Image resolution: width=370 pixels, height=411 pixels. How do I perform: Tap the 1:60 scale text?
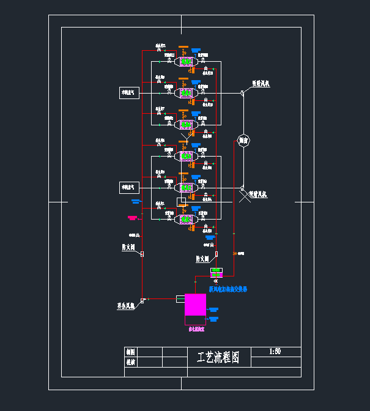pyautogui.click(x=275, y=352)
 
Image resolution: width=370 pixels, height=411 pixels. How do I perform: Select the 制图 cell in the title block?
pyautogui.click(x=130, y=352)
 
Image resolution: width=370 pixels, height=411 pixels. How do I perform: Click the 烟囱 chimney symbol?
pyautogui.click(x=243, y=140)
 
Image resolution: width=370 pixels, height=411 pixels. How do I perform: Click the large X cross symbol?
pyautogui.click(x=243, y=196)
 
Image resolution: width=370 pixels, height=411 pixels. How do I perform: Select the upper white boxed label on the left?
pyautogui.click(x=130, y=92)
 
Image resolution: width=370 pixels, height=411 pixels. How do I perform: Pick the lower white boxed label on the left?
pyautogui.click(x=130, y=187)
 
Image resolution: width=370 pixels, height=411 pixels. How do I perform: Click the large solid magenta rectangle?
pyautogui.click(x=196, y=305)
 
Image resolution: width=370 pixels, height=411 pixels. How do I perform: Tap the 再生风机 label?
pyautogui.click(x=126, y=305)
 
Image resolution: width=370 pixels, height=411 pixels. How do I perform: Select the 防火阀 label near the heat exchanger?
pyautogui.click(x=202, y=259)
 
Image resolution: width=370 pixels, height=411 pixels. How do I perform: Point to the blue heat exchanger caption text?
pyautogui.click(x=228, y=289)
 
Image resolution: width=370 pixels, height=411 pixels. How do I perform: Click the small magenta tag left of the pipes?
pyautogui.click(x=132, y=218)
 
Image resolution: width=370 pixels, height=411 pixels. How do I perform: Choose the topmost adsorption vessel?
pyautogui.click(x=186, y=61)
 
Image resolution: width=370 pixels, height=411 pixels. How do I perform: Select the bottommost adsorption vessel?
pyautogui.click(x=186, y=218)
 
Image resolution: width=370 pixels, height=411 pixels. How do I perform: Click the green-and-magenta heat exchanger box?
pyautogui.click(x=216, y=272)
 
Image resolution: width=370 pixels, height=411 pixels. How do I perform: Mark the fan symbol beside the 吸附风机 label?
pyautogui.click(x=243, y=93)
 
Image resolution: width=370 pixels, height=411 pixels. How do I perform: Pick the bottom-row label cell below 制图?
pyautogui.click(x=130, y=362)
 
